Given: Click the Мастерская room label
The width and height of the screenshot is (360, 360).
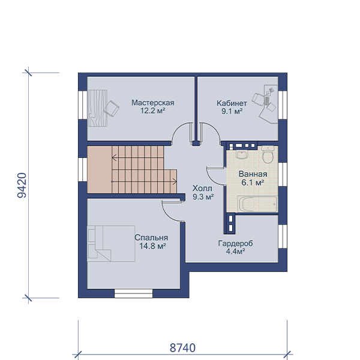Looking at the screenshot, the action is (152, 103).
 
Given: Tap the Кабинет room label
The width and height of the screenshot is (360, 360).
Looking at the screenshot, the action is (232, 103).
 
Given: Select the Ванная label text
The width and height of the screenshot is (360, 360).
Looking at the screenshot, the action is (253, 174).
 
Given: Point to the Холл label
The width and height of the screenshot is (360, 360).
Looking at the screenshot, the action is (202, 188).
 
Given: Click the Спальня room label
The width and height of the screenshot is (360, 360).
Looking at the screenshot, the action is (151, 238).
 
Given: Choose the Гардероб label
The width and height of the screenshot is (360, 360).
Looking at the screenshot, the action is (235, 244).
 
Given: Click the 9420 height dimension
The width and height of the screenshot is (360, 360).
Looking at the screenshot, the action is (22, 185).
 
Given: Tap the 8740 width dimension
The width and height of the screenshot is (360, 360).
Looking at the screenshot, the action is (182, 348).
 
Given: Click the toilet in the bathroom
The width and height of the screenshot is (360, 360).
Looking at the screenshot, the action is (268, 154).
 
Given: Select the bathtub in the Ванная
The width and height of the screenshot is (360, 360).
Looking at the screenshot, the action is (258, 203).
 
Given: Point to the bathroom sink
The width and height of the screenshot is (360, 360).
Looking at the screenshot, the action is (242, 155).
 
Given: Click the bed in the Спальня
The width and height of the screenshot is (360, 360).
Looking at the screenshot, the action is (111, 244).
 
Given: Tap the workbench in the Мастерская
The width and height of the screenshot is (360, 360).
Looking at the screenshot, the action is (98, 108).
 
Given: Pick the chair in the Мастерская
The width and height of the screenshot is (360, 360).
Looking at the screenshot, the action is (112, 108).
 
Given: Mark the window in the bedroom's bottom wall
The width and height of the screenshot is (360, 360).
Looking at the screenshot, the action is (133, 293).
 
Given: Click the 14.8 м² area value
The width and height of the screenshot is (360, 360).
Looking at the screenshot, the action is (152, 246).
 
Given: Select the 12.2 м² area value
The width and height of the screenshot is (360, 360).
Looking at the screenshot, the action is (152, 111).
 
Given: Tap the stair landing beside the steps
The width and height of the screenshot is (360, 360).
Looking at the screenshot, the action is (100, 170).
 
